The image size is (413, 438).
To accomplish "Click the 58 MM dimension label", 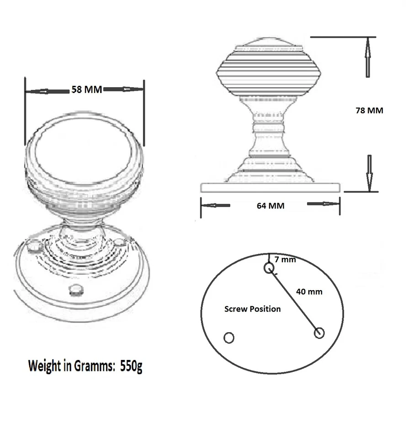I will [86, 89].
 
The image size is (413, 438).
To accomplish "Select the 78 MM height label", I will [369, 110].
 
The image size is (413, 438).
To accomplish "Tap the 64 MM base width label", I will [270, 206].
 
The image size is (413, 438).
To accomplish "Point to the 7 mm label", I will [285, 260].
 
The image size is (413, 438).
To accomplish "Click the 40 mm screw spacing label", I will [309, 292].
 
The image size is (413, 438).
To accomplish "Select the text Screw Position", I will [252, 309].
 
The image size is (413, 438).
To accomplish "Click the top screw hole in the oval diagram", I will [269, 268].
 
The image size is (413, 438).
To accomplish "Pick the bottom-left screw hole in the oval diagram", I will [229, 338].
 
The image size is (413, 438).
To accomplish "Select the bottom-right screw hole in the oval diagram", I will [319, 333].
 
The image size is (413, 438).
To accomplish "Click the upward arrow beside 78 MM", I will [368, 57].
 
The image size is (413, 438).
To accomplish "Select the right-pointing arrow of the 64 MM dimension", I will [323, 204].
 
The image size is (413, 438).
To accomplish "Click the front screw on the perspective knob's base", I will [75, 290].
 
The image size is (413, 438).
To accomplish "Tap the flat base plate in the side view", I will [270, 187].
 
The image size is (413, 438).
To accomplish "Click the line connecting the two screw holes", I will [294, 301].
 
